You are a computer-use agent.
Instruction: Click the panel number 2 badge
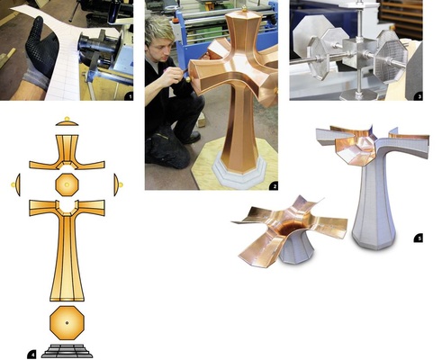(x=273, y=184)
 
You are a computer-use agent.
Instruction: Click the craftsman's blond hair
(x=163, y=28)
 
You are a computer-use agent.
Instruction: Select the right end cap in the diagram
(x=118, y=184)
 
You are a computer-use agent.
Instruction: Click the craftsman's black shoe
(x=189, y=137)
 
